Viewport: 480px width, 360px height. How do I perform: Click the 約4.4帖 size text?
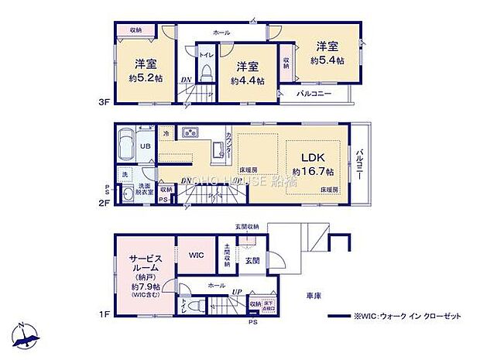coord(247,80)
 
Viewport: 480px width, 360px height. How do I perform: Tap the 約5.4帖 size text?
coord(327,59)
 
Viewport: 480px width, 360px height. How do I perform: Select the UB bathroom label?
coord(145,146)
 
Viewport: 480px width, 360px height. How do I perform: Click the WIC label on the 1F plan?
coord(194,253)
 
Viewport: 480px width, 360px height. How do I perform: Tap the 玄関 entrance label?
coord(253,261)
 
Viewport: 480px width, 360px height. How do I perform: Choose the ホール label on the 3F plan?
coord(221,33)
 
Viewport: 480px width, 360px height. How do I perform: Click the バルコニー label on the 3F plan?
coord(314,94)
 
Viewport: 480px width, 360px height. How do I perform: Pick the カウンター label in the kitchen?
coord(229,146)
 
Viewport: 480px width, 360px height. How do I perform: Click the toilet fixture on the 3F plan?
coord(205,70)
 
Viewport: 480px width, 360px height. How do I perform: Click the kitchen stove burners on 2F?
coord(190,131)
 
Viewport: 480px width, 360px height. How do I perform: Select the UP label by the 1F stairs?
coord(237,293)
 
